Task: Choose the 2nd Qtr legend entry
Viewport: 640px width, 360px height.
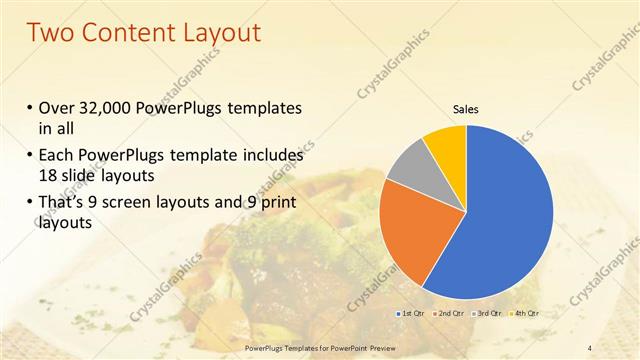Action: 448,313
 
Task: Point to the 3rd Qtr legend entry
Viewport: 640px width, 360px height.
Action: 488,313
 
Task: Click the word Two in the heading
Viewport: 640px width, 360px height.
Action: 52,33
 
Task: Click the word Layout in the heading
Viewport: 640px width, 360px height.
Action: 222,33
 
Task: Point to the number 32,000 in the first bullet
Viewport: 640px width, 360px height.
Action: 106,108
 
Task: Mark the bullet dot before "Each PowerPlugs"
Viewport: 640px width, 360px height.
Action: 28,157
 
